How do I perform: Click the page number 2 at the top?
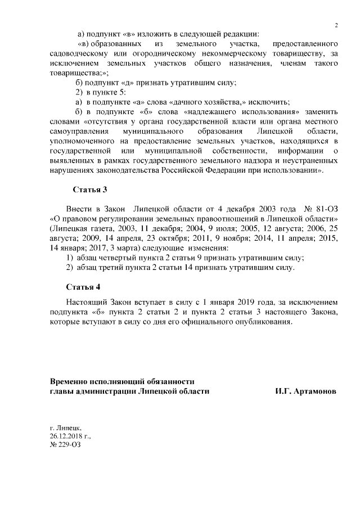(336, 25)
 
